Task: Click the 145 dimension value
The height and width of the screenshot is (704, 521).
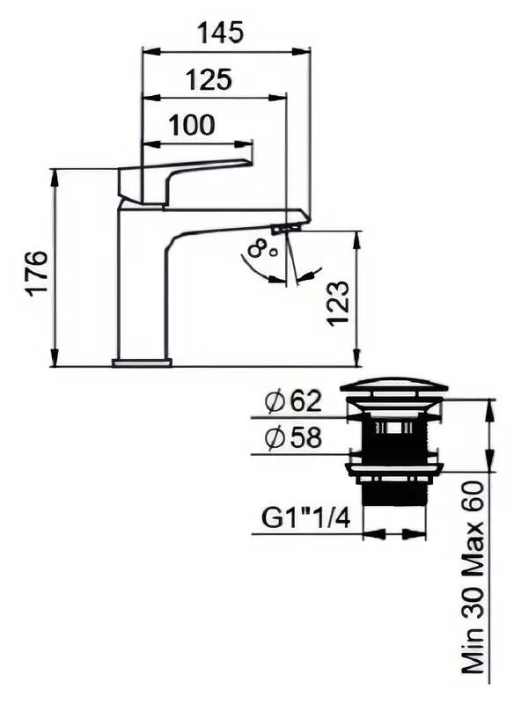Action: (x=221, y=33)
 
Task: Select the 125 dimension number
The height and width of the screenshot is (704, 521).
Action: (x=209, y=80)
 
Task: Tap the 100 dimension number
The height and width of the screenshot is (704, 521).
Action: (x=192, y=125)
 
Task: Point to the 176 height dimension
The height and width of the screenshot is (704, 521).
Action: (x=38, y=274)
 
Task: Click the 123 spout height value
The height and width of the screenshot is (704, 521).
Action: (x=338, y=303)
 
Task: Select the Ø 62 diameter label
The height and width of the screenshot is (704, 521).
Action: (x=293, y=401)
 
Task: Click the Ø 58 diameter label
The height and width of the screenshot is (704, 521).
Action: (x=293, y=437)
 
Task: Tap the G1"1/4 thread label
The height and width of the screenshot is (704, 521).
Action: (x=305, y=519)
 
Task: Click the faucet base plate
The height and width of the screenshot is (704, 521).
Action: (x=142, y=363)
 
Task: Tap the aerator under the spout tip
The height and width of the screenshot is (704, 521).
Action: (x=285, y=228)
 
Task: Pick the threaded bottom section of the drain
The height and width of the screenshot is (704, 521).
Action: (x=394, y=495)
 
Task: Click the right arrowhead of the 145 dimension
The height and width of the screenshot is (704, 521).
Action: (x=300, y=52)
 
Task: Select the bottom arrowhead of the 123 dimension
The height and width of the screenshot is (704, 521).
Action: (x=357, y=357)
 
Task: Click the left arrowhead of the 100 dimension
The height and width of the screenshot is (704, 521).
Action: (x=151, y=144)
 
